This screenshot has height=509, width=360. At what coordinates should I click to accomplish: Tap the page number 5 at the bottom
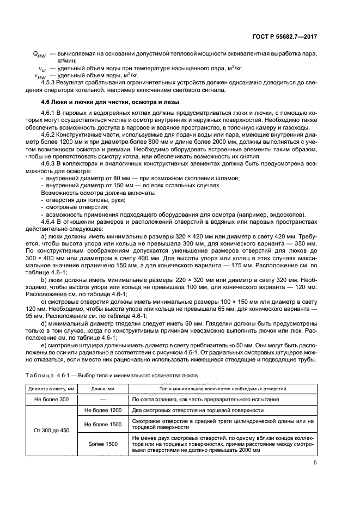tap(315, 463)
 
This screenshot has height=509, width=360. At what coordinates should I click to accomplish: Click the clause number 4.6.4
tap(51, 222)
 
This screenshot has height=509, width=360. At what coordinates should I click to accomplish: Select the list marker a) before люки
tap(44, 237)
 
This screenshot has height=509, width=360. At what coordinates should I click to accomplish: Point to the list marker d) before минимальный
tap(44, 323)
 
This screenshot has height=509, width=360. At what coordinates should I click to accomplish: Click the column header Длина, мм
tap(103, 388)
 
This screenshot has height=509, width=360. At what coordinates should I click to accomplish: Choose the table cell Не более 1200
tap(103, 410)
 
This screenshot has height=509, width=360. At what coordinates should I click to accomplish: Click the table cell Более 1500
tap(103, 445)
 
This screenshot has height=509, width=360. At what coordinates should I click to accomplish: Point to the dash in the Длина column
tap(103, 399)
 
